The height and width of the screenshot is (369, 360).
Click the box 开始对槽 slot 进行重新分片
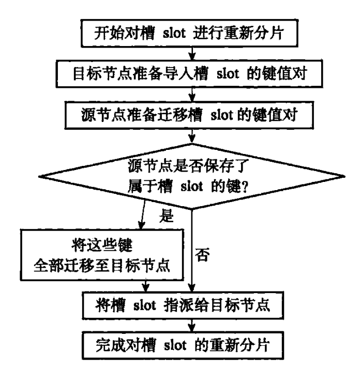tap(189, 33)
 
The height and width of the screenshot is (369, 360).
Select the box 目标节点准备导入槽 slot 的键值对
tap(189, 74)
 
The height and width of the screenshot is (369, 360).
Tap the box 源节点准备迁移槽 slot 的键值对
tap(189, 115)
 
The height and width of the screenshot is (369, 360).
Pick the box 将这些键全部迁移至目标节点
tap(102, 255)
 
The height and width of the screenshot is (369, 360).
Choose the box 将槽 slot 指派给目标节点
tap(183, 305)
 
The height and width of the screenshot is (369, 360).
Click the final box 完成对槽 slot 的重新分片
tap(183, 345)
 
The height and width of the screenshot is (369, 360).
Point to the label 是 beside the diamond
tap(167, 216)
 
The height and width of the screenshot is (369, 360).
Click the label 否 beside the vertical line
tap(202, 255)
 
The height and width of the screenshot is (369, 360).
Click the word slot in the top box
tap(174, 33)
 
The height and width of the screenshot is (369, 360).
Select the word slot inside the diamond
tap(191, 187)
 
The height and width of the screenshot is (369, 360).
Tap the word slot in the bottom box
tap(175, 346)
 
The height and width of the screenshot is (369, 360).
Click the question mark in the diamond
tap(245, 187)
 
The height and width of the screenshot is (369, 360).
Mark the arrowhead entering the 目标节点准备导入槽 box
tap(192, 57)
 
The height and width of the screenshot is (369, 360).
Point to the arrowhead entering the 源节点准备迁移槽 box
tap(192, 98)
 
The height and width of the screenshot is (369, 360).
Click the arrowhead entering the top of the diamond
tap(192, 140)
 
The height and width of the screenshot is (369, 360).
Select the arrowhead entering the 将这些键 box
tap(141, 226)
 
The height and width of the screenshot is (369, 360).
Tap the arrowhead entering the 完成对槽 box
tap(192, 328)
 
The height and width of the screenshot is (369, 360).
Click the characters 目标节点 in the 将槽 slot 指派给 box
tap(241, 305)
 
